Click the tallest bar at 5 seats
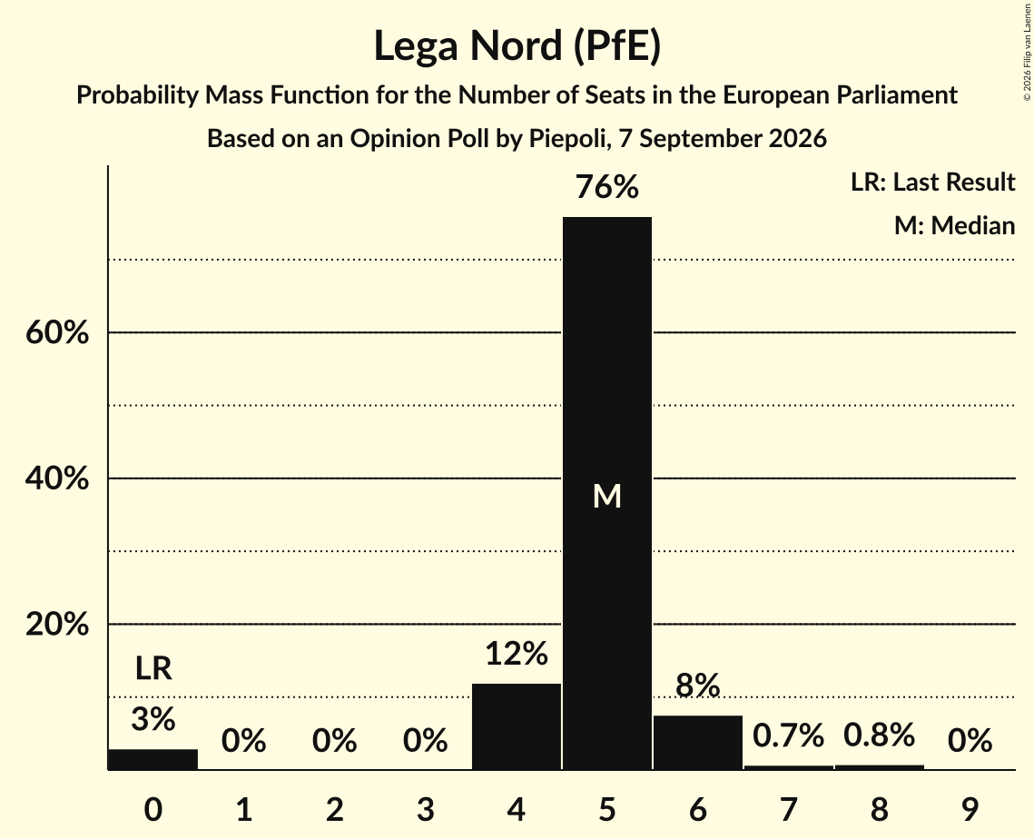tap(606, 493)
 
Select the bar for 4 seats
tap(517, 726)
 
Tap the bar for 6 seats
tap(698, 742)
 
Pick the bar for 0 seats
tap(153, 759)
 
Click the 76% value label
tap(606, 187)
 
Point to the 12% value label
tap(517, 654)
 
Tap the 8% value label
tap(698, 686)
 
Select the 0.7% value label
tap(788, 735)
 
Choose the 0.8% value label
tap(879, 735)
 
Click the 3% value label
tap(153, 719)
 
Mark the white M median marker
tap(606, 496)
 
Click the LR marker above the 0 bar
tap(153, 668)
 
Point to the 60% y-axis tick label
tap(56, 332)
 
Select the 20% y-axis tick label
tap(56, 624)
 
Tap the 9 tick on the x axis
tap(970, 809)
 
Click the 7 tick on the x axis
tap(788, 809)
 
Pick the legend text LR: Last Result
tap(932, 182)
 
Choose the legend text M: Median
tap(954, 225)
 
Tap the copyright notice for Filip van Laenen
tap(1027, 53)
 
